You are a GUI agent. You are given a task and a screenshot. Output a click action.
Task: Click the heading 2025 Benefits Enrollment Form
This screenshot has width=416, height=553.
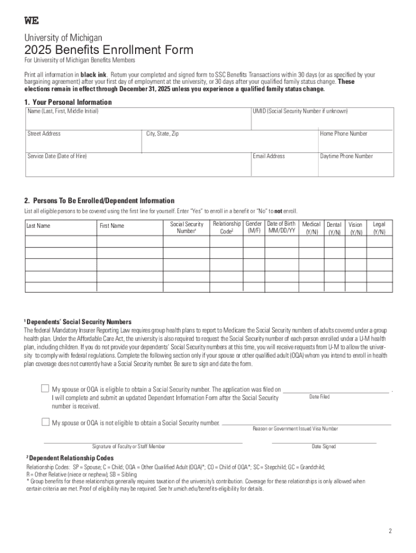coord(108,50)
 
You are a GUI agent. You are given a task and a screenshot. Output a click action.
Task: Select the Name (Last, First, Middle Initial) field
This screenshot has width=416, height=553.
coord(138,119)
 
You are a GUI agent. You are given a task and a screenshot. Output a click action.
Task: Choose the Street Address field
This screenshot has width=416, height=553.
coord(84,141)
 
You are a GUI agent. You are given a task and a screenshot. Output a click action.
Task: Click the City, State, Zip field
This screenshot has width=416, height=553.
coord(230,141)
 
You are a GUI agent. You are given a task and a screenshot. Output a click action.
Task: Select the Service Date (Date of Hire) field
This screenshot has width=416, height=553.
coord(138,165)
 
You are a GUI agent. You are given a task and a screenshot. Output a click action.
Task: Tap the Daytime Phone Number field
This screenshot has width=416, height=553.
coord(355,165)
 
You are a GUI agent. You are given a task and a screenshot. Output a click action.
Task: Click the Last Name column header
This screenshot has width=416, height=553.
coord(38,226)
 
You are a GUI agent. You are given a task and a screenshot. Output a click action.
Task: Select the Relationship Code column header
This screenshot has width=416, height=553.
coord(226,227)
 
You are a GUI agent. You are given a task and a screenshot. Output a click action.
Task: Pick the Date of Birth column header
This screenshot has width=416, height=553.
coord(281,227)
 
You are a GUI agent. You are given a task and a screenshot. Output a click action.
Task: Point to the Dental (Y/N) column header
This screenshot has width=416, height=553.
coord(334,228)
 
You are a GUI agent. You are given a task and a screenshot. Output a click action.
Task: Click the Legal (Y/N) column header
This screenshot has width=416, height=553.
coord(379,227)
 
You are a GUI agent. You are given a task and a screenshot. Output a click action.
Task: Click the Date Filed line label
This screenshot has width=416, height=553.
coord(319,397)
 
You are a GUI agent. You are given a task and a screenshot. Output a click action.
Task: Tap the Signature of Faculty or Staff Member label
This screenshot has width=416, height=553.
coord(129,447)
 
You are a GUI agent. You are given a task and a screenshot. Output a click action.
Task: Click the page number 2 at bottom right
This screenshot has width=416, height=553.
coord(390,531)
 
